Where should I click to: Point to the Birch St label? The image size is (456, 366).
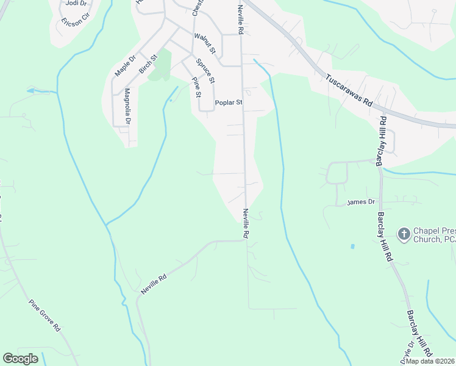click(148, 64)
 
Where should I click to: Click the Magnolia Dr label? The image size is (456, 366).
click(127, 107)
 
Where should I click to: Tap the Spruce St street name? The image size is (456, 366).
click(205, 71)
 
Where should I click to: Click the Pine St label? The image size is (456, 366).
click(196, 87)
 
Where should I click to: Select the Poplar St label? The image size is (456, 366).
click(229, 103)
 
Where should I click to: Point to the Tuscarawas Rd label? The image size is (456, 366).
click(348, 91)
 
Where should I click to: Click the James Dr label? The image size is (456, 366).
click(360, 202)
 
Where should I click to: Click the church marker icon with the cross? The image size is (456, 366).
click(404, 234)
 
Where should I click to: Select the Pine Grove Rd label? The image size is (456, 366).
click(44, 315)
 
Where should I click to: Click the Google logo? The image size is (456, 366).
click(21, 359)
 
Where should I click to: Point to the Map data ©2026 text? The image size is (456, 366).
click(430, 361)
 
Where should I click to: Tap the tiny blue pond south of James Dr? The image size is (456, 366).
click(352, 246)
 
